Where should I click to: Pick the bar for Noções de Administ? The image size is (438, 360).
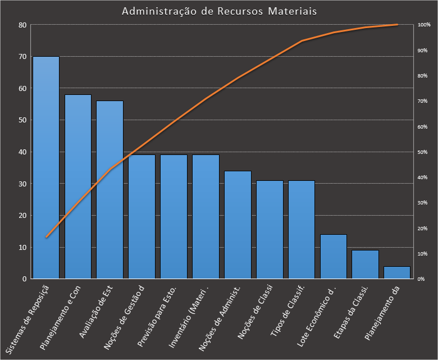(238, 225)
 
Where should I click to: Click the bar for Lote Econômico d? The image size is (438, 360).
(334, 256)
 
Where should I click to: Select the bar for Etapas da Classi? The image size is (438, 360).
(366, 264)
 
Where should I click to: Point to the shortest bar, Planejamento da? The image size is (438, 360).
(397, 272)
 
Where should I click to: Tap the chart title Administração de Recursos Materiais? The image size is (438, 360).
(219, 11)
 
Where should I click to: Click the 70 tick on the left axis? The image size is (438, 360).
(22, 57)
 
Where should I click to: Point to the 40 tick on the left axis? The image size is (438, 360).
(22, 152)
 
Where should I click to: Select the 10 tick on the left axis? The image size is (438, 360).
(22, 247)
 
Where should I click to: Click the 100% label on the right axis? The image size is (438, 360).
(424, 25)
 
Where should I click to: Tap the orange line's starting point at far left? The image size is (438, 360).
(46, 238)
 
